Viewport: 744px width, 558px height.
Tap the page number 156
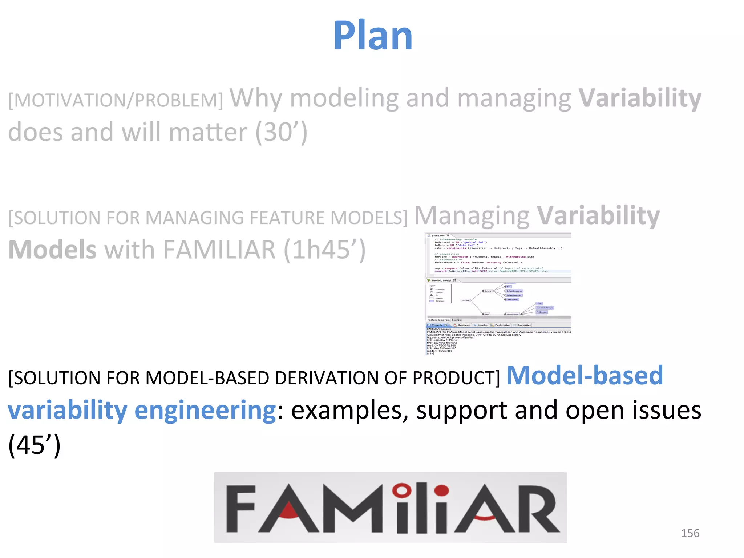[x=690, y=533]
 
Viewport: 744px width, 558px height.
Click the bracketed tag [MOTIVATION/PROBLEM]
[x=116, y=100]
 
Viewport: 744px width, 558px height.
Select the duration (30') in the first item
[x=282, y=132]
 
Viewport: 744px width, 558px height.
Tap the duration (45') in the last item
[x=34, y=445]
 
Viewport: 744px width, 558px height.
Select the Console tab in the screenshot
[x=437, y=325]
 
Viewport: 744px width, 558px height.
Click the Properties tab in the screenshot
[x=523, y=325]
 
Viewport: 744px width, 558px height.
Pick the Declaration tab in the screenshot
[x=502, y=325]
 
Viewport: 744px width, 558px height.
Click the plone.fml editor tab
[x=438, y=235]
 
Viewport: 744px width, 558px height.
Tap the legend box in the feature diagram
[x=440, y=294]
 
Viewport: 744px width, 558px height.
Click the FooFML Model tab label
[x=441, y=280]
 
